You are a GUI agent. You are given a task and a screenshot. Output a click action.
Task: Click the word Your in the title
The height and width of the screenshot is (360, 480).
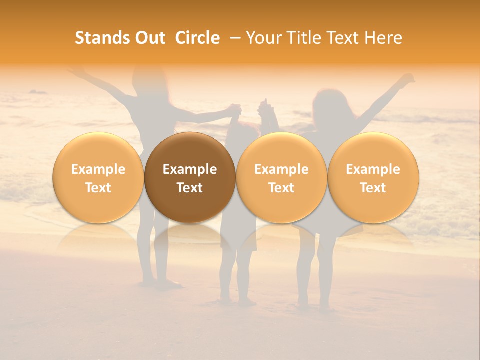(x=262, y=38)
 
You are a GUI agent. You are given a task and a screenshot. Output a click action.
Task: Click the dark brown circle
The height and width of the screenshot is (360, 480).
(x=190, y=177)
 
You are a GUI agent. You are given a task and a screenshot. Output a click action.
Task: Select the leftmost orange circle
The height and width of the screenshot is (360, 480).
(x=98, y=177)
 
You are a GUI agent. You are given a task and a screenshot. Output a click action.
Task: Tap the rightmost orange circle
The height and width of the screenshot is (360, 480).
(x=373, y=177)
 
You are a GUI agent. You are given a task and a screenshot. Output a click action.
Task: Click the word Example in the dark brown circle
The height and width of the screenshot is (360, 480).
(x=190, y=169)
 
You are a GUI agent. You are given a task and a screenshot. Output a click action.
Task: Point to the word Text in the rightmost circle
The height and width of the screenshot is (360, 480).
(x=373, y=188)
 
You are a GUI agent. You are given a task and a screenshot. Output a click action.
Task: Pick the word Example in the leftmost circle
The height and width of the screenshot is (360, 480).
(x=98, y=169)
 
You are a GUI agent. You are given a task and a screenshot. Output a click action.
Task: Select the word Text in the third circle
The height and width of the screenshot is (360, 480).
(x=281, y=188)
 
